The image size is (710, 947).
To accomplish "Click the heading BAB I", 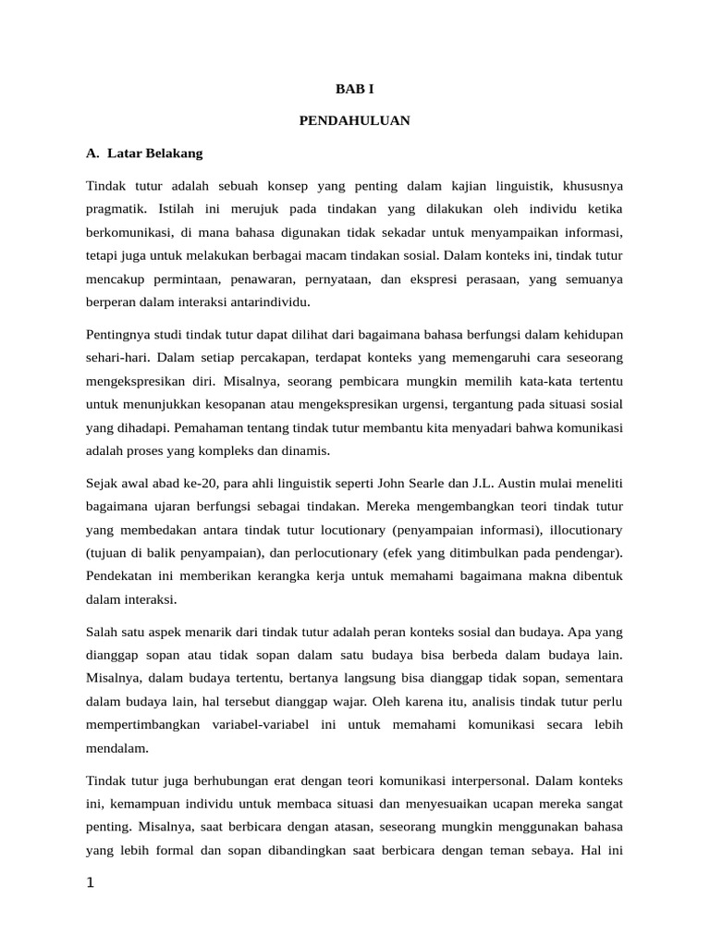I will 354,89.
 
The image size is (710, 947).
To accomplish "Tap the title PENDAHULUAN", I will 354,120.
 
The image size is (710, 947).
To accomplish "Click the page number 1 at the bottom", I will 91,883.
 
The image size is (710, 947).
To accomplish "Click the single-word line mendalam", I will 117,747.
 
